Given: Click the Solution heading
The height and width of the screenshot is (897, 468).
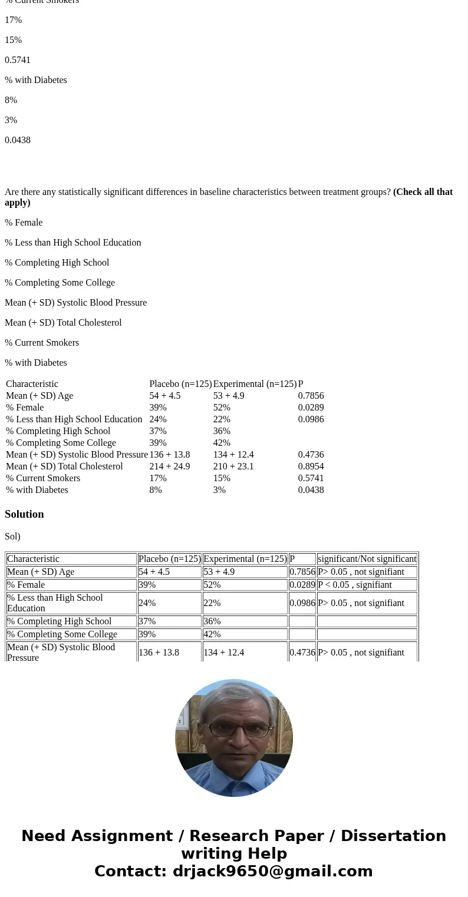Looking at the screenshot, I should [24, 514].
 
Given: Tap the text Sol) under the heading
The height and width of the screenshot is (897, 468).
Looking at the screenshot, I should [12, 537].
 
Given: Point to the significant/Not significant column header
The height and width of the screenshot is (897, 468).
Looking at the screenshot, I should [367, 559].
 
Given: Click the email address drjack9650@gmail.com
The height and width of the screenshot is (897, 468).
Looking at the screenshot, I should [272, 872].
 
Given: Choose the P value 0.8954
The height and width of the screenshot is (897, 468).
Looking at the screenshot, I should [311, 466].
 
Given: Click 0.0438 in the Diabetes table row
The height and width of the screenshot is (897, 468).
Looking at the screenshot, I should [311, 490].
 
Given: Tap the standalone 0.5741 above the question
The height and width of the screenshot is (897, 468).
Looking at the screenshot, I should [18, 60].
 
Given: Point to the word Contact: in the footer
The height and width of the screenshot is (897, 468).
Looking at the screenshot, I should [130, 872].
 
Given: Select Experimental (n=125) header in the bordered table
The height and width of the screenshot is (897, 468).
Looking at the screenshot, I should [245, 559].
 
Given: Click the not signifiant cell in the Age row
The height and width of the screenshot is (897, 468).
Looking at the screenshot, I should [361, 572].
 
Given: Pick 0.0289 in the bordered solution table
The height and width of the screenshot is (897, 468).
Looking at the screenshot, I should [302, 585].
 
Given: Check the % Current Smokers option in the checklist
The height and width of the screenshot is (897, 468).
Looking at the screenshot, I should [42, 343].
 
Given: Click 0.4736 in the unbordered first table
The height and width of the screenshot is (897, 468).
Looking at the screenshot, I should [311, 455].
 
